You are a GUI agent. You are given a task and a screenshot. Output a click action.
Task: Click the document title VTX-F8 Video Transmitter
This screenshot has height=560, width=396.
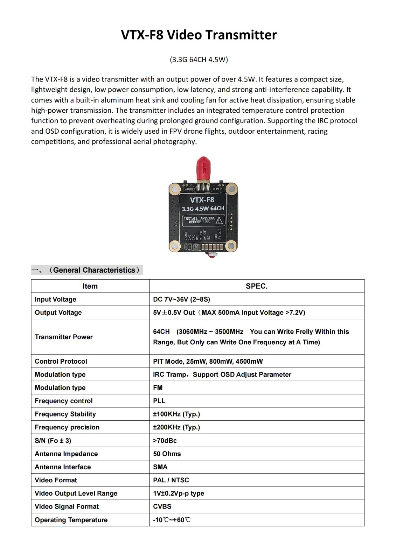[199, 35]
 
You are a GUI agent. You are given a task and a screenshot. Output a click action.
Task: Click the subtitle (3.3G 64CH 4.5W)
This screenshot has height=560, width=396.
[199, 59]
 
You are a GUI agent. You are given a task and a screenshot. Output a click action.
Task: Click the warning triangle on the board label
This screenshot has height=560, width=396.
[219, 220]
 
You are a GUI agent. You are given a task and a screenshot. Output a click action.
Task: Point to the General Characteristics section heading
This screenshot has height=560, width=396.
[87, 270]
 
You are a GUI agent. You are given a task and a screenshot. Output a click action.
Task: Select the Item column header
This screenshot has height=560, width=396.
[90, 286]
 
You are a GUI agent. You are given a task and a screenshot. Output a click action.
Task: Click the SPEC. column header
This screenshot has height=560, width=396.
[256, 286]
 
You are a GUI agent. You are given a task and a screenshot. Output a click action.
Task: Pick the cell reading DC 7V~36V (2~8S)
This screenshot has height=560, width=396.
[181, 299]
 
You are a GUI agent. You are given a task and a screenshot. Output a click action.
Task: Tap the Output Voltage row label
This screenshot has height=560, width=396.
[58, 313]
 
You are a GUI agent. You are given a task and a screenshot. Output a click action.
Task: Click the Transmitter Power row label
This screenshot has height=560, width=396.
[64, 337]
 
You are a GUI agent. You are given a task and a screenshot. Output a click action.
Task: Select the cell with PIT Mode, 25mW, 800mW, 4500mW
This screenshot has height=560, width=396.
[208, 361]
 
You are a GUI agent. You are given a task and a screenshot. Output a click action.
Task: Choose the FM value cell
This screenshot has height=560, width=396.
[158, 388]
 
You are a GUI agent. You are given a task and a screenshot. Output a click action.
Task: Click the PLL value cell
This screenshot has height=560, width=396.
[159, 401]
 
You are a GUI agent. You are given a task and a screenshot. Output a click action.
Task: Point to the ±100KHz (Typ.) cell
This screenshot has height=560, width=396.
[176, 414]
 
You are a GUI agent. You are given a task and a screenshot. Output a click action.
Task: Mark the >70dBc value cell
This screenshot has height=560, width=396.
[165, 441]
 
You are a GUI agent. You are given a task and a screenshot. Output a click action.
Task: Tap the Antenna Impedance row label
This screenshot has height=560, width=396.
[66, 454]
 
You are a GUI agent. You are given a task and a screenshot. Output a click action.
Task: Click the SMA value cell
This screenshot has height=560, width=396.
[160, 467]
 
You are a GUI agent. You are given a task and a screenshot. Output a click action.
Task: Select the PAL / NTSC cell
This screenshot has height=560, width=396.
[171, 480]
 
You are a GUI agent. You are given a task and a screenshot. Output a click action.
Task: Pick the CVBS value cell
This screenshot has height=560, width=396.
[162, 506]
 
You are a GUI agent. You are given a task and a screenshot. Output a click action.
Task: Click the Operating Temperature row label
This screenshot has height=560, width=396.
[71, 520]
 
